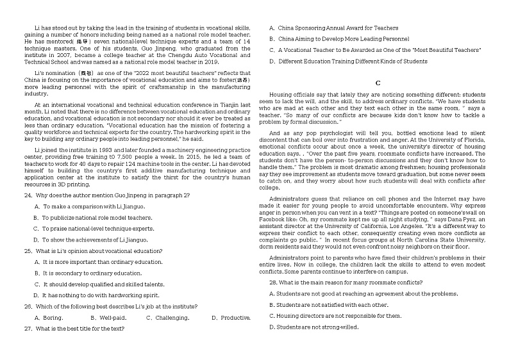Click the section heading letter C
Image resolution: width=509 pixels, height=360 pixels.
(378, 83)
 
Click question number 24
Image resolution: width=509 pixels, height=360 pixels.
(28, 195)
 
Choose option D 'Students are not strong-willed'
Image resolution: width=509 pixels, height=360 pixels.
(313, 327)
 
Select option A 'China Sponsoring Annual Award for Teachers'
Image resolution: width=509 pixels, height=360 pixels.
(333, 28)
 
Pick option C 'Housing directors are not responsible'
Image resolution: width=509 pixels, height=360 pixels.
(335, 316)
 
